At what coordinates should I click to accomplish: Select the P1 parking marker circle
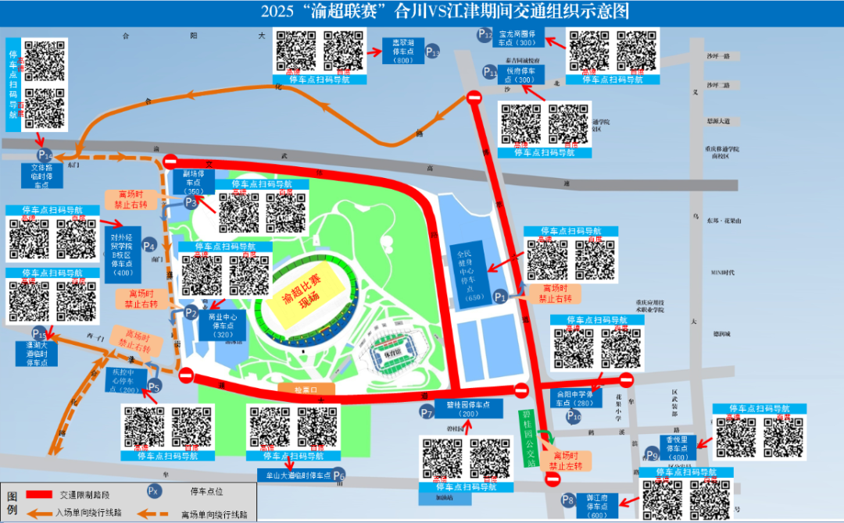click(502, 297)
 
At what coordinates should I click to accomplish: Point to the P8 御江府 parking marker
click(568, 500)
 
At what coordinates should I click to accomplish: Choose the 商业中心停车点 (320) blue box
click(224, 326)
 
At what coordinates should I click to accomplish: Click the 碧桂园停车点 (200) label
click(469, 410)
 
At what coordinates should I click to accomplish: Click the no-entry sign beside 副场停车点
click(171, 162)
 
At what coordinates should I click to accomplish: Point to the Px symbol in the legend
click(155, 491)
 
